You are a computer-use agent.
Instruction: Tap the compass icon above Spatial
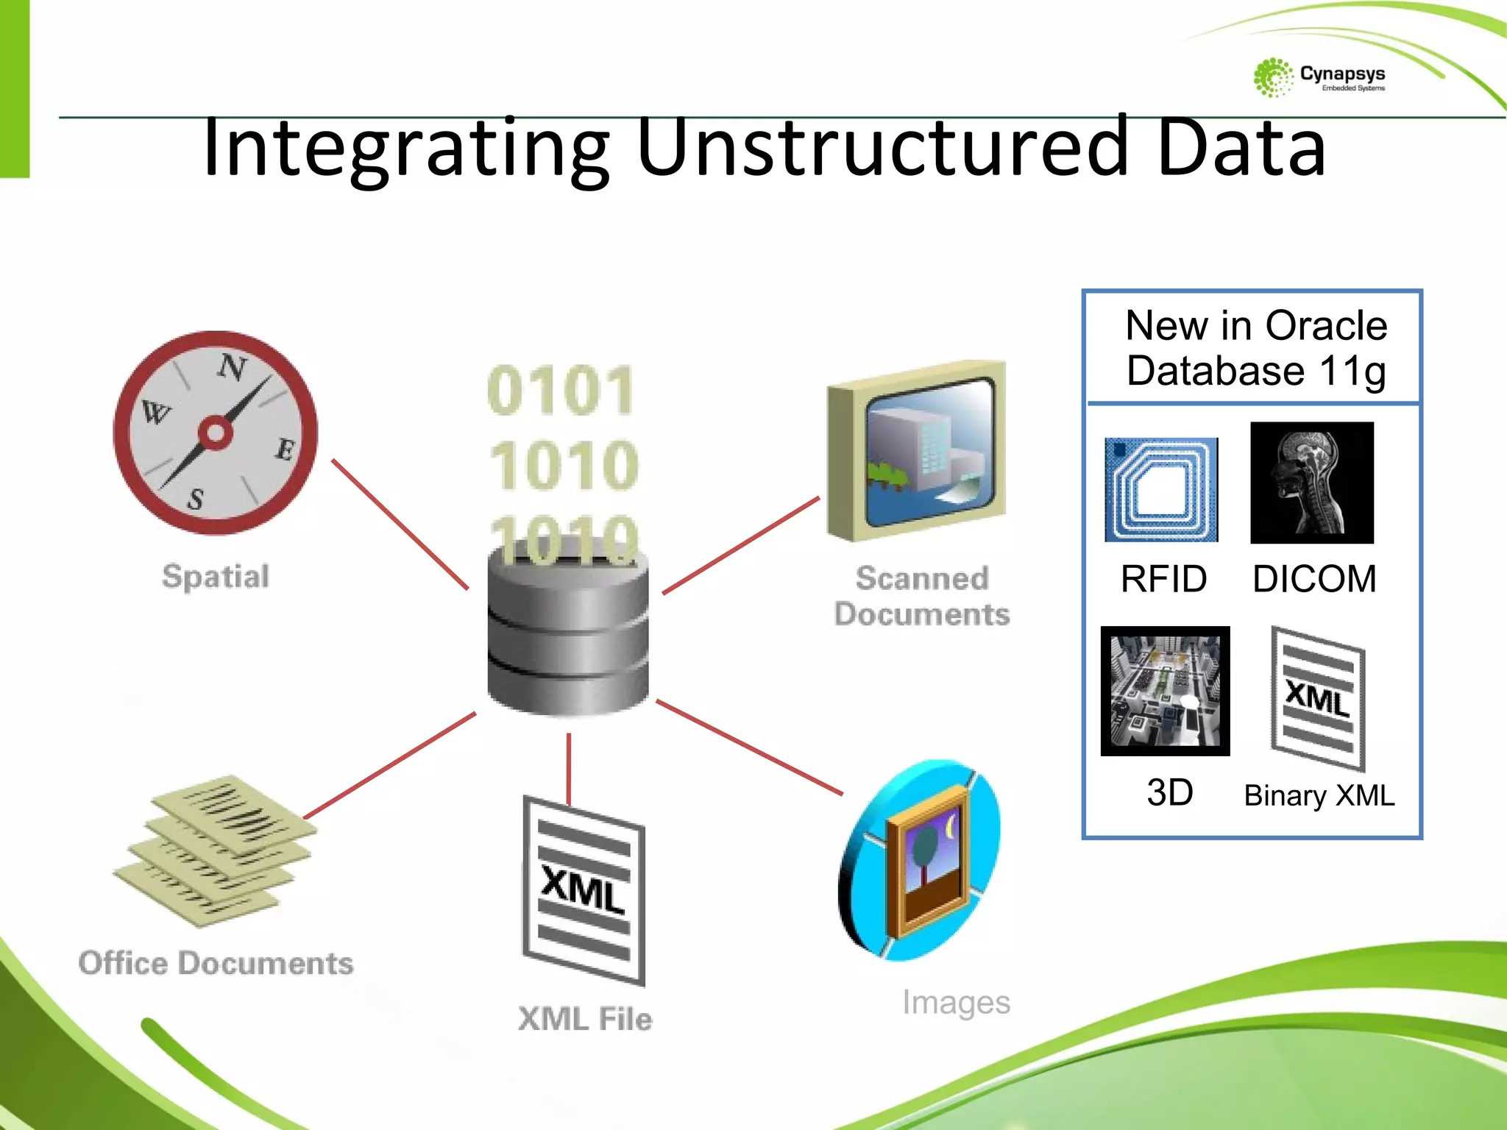point(216,433)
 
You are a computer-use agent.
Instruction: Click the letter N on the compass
point(233,366)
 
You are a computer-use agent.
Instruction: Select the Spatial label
point(216,576)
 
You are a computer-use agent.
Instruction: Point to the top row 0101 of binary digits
point(561,391)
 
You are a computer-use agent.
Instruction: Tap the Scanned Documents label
point(922,596)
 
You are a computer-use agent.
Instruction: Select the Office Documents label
point(216,963)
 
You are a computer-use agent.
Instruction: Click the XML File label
point(585,1019)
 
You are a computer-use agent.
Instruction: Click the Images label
point(956,1002)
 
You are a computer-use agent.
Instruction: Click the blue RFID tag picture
point(1161,490)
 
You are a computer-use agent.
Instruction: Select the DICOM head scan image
point(1312,483)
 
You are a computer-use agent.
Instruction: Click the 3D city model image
point(1165,691)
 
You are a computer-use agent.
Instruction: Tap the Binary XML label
point(1319,796)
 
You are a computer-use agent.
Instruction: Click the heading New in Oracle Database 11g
point(1255,347)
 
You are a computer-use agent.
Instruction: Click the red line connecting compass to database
point(400,524)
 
